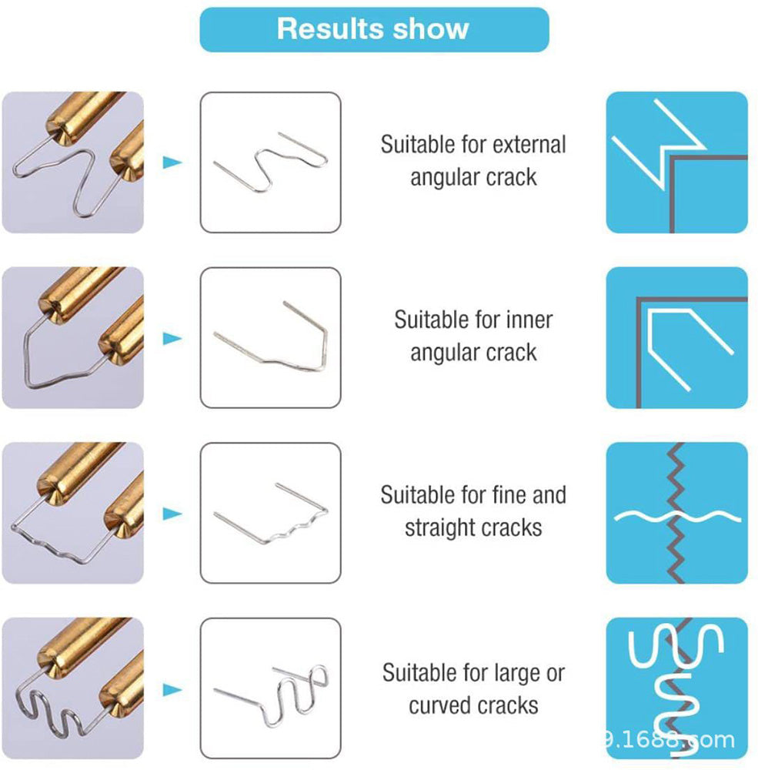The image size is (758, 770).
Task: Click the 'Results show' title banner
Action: point(373,29)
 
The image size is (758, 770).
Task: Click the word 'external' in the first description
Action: point(529,145)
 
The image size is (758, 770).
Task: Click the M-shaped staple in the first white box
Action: point(270,162)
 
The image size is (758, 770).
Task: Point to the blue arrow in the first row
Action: point(172,162)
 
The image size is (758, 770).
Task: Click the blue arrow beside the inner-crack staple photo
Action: point(172,338)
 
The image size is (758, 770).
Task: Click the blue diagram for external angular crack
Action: point(676,162)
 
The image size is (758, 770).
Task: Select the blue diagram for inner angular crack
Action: point(676,337)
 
